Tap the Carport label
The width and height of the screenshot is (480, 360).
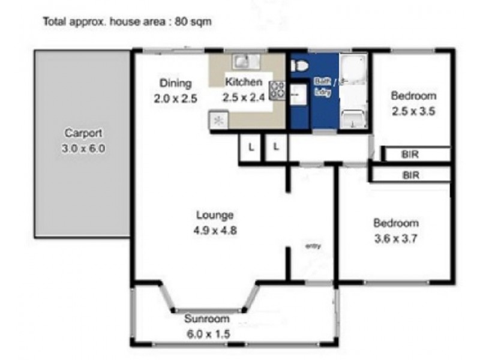[x=83, y=133]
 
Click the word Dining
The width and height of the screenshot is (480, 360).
[x=175, y=83]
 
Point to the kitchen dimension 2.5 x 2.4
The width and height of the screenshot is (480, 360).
[x=244, y=98]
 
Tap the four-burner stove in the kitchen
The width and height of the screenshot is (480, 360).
[x=277, y=90]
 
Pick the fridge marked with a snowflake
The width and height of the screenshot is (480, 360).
[x=218, y=120]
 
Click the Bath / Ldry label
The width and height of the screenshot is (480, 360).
[x=324, y=88]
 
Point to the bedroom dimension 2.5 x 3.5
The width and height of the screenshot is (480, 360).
[x=413, y=110]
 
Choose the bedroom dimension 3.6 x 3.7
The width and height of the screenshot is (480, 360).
[x=395, y=238]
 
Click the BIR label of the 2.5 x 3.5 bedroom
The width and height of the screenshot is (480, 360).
[x=411, y=155]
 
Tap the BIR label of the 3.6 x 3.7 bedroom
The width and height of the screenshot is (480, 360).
[x=411, y=175]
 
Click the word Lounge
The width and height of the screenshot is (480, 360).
[x=214, y=215]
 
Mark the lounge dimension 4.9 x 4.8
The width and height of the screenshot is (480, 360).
[x=214, y=229]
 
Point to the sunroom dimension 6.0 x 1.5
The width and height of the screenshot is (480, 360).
[x=208, y=334]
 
